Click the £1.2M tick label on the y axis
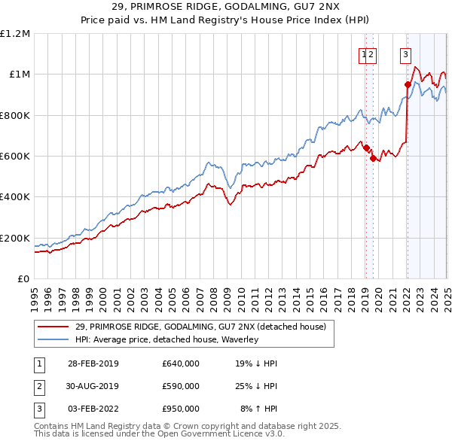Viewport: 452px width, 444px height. [15, 34]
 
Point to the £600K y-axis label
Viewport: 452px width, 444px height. [15, 157]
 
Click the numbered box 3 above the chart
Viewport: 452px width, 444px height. [405, 53]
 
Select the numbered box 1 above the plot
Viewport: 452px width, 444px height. [364, 53]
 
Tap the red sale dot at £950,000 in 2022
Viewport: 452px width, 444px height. [408, 84]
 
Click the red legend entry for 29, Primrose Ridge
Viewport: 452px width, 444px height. [200, 327]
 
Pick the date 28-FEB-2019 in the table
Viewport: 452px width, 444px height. [93, 363]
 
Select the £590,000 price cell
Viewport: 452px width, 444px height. [181, 386]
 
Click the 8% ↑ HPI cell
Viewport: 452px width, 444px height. [258, 409]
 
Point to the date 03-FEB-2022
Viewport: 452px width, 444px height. [93, 409]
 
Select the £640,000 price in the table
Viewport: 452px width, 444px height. [181, 363]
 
